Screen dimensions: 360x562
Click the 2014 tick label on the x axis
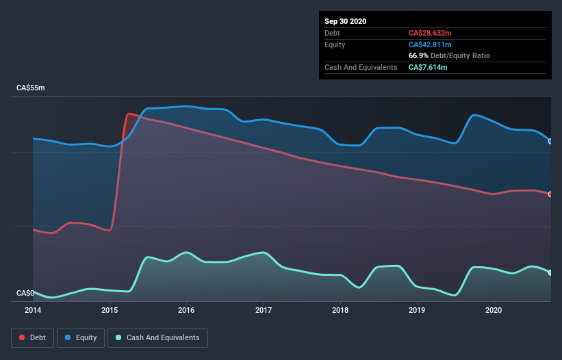click(33, 310)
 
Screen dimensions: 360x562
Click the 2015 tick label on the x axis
click(110, 310)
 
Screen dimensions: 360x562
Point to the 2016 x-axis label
click(186, 310)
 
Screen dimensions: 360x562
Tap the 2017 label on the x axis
click(264, 310)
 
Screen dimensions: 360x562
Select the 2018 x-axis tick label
click(340, 310)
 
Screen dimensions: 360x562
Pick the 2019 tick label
click(417, 310)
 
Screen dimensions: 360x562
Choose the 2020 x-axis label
click(494, 310)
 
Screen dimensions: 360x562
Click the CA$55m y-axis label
click(30, 88)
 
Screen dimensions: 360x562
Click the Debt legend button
click(32, 337)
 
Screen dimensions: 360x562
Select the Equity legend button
click(81, 337)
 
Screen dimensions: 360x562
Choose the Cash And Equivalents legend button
click(157, 337)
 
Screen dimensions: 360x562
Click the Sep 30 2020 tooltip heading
click(346, 21)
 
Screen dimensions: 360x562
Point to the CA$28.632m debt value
click(429, 33)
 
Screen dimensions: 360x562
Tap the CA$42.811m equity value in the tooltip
click(430, 44)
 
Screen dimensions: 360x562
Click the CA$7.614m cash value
click(427, 67)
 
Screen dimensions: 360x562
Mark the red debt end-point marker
click(550, 194)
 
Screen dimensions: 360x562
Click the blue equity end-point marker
click(550, 141)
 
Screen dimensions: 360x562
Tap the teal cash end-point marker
click(550, 272)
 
